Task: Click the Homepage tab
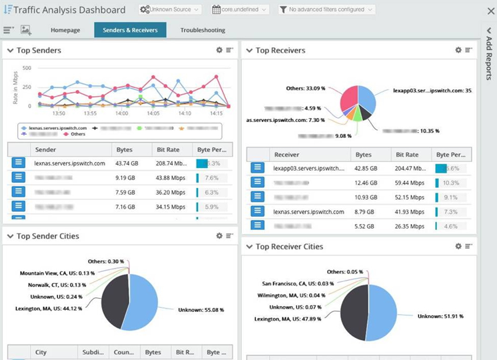65,30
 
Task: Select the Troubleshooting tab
203,30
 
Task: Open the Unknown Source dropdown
170,9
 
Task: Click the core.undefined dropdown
240,9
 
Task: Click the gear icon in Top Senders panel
219,50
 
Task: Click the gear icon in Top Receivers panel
458,50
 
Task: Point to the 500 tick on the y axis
27,68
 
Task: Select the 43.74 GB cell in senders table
127,163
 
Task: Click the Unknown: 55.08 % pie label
200,309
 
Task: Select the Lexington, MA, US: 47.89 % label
292,319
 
